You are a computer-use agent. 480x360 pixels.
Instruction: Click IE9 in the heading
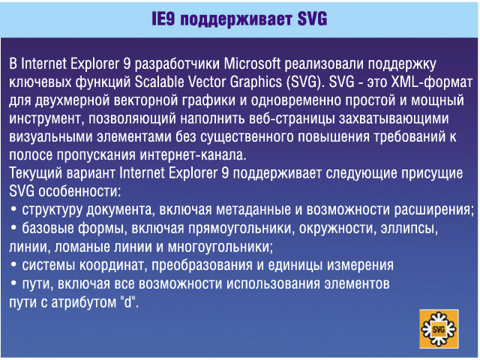163,19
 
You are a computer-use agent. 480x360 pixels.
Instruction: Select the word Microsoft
252,64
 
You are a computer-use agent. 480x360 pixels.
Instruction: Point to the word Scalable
159,82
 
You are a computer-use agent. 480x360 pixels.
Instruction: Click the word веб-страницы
292,119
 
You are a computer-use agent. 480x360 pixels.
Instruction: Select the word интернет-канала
193,155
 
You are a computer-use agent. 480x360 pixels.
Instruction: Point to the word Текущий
35,173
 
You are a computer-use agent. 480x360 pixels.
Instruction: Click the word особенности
79,191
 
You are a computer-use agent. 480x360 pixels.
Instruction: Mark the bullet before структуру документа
13,210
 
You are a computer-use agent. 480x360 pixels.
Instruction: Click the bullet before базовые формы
13,228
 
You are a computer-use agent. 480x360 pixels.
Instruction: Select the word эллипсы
409,229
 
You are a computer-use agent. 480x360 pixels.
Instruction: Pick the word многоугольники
220,247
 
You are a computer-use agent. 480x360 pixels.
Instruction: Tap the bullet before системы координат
13,265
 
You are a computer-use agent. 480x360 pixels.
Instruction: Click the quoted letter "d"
128,301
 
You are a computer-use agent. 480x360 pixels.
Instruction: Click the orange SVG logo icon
439,329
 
